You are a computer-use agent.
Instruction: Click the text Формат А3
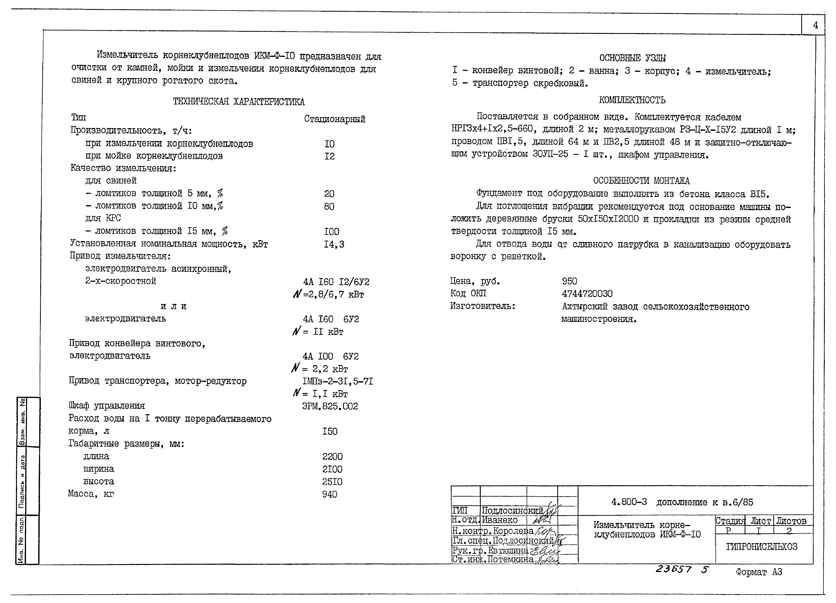759,572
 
